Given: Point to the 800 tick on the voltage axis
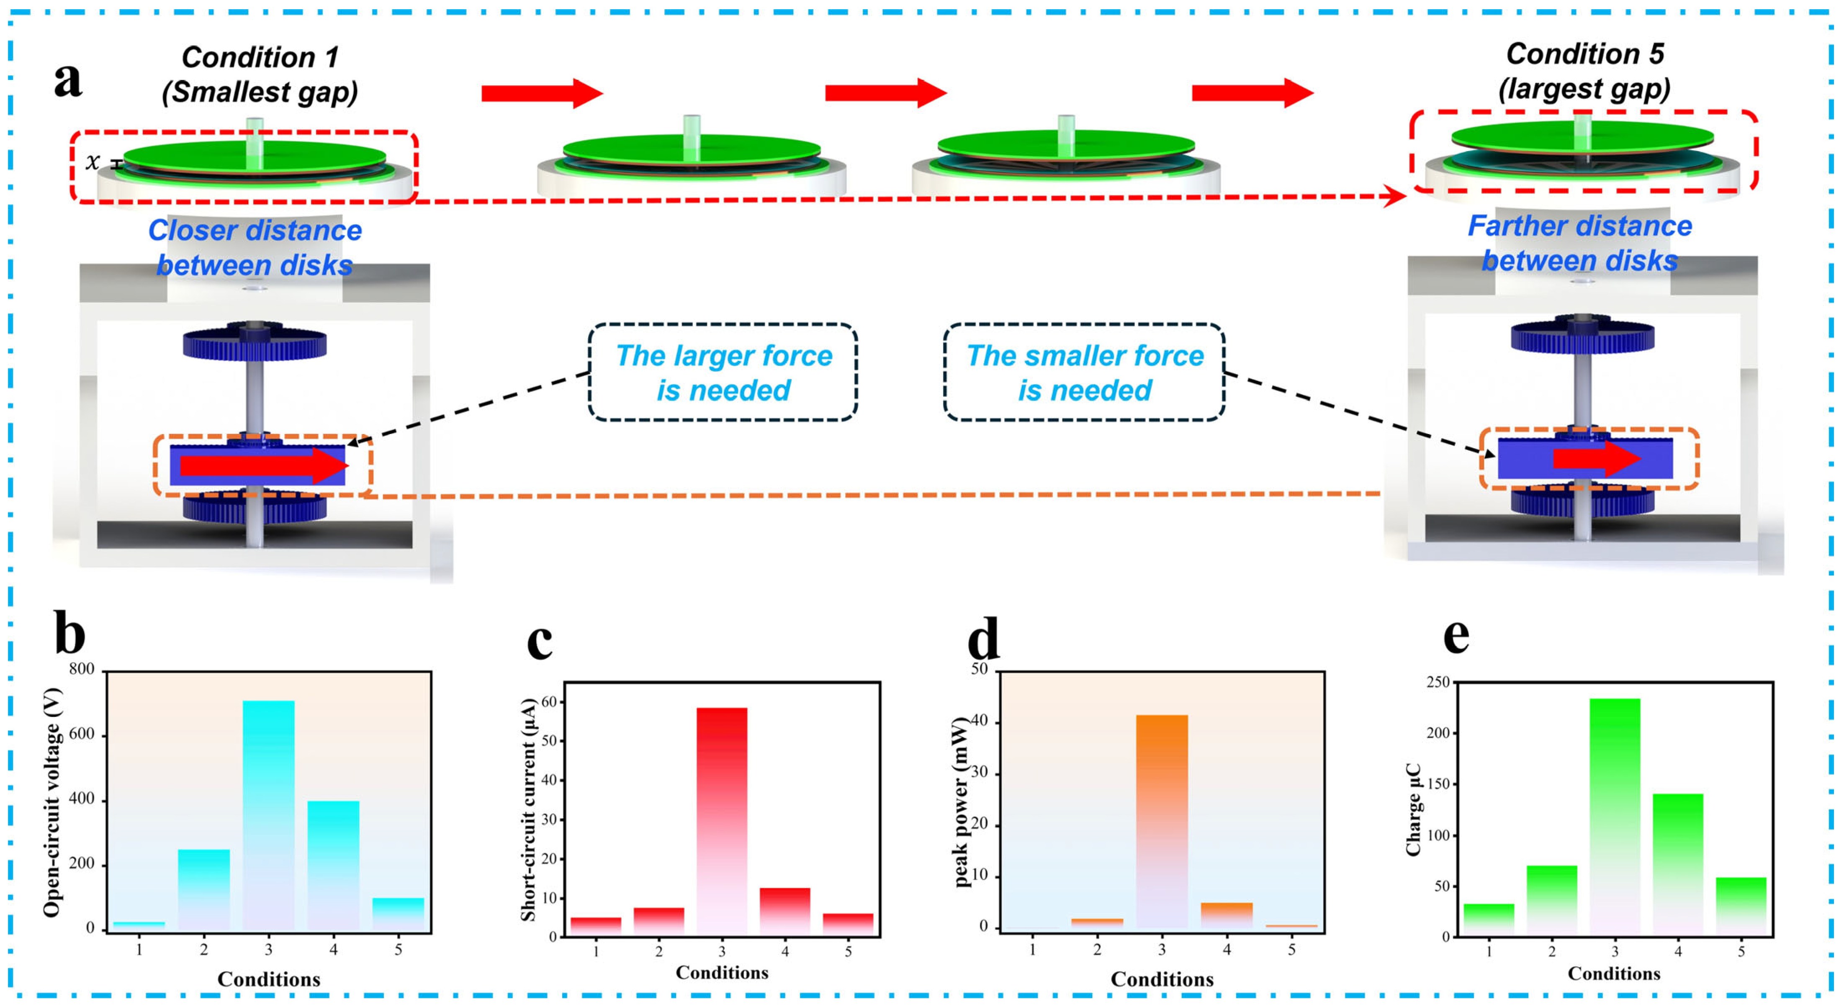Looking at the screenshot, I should tap(82, 669).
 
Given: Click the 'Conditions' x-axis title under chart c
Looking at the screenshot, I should tap(722, 972).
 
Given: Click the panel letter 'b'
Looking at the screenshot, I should tap(69, 633).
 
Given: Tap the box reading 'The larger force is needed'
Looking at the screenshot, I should tap(723, 372).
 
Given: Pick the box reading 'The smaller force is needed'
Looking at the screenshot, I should tap(1085, 372).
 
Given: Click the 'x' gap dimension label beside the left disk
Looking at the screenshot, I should tap(93, 162).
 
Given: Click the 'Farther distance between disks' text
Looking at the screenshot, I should tap(1580, 243).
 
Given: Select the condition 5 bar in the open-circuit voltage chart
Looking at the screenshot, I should tap(398, 913).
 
